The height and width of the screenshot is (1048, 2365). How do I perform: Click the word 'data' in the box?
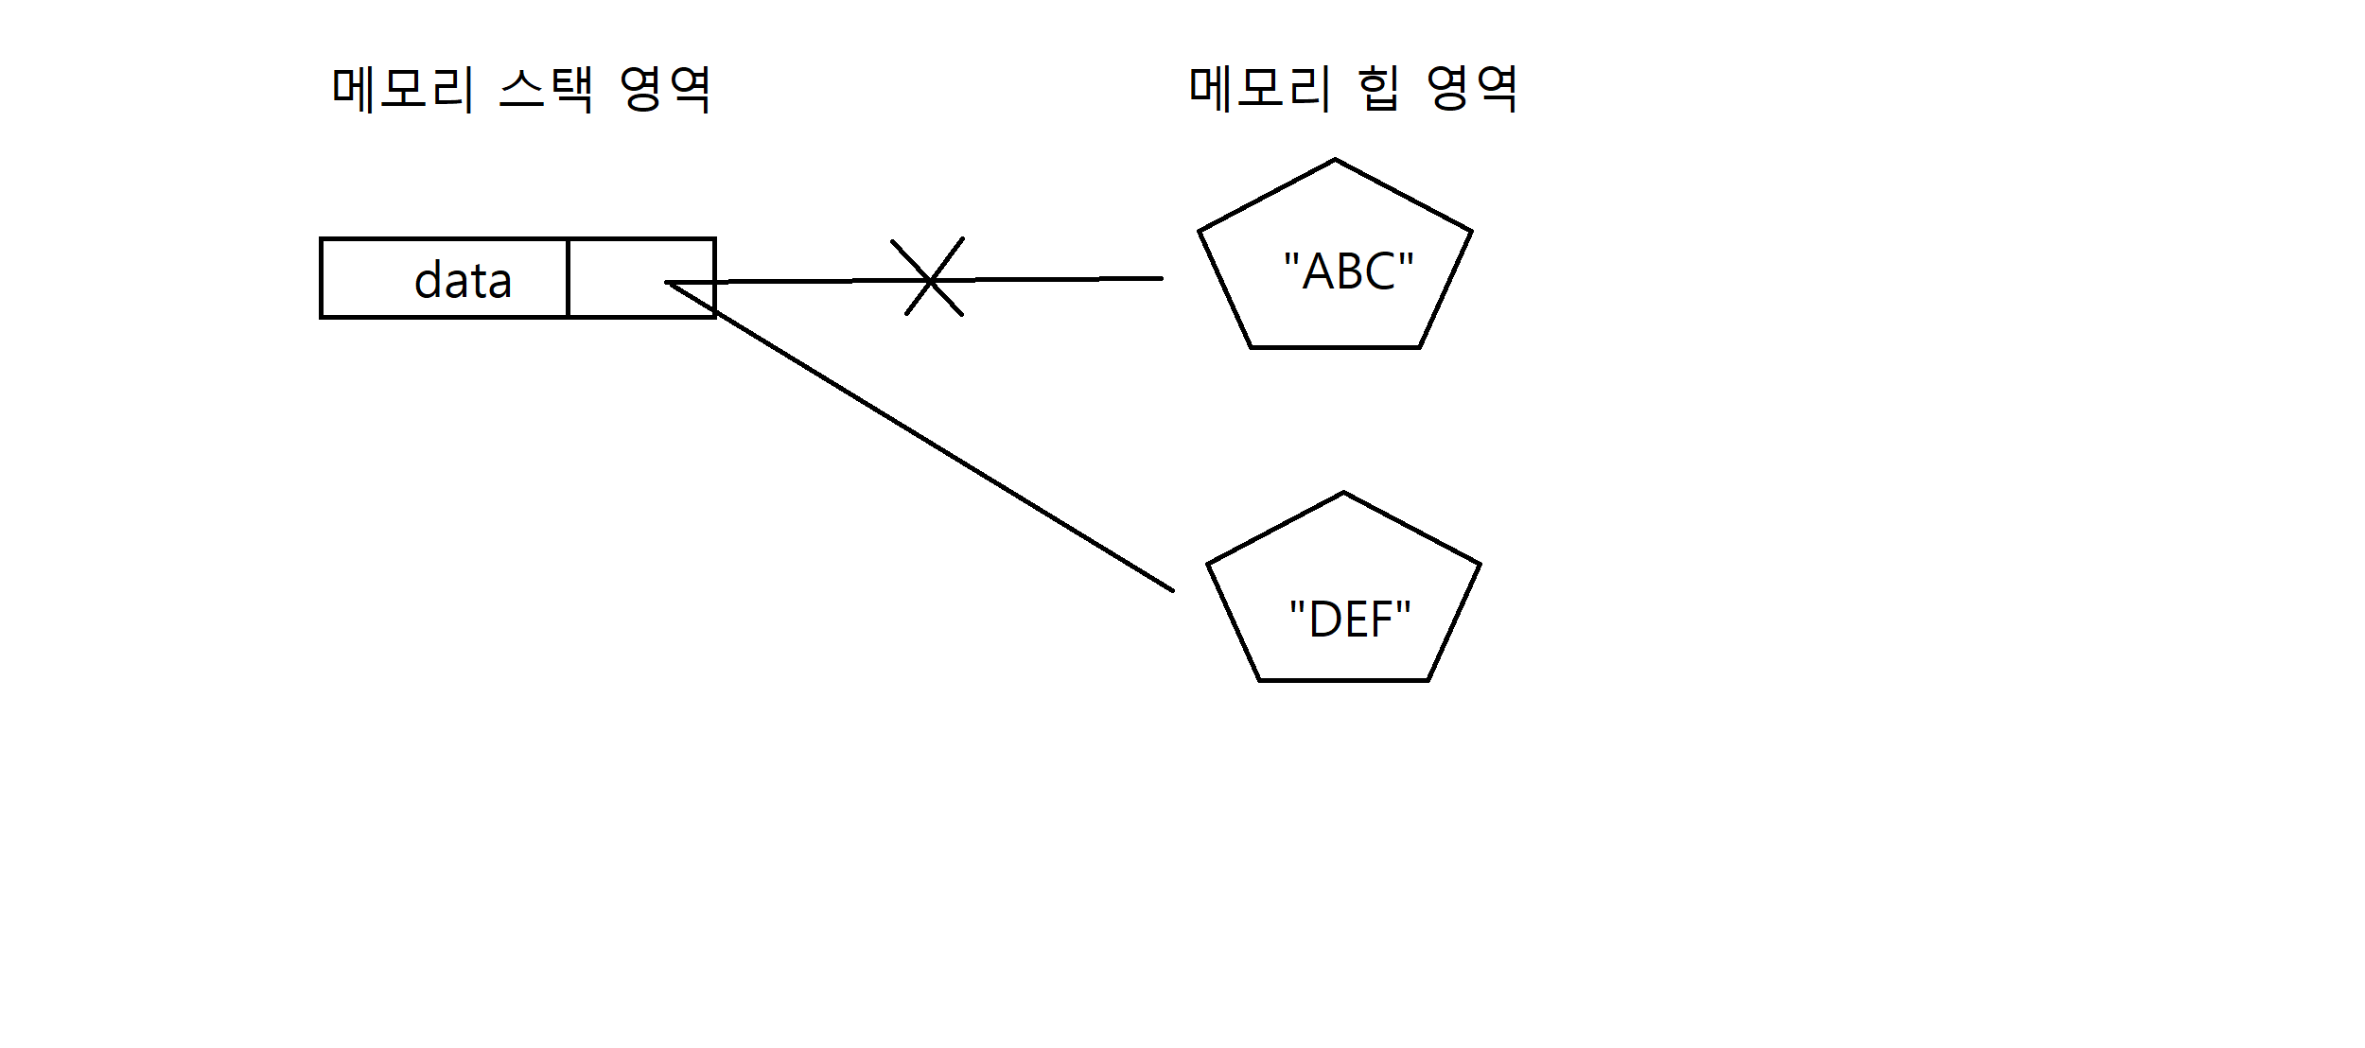point(463,280)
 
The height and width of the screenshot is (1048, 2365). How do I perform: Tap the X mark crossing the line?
point(929,279)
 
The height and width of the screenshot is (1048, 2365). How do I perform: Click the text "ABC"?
point(1348,271)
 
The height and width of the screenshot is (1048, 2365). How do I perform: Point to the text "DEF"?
point(1350,620)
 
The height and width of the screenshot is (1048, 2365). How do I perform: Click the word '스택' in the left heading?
point(546,90)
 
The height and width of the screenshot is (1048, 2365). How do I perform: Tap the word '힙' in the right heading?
point(1377,89)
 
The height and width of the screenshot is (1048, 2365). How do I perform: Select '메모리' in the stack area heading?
point(402,90)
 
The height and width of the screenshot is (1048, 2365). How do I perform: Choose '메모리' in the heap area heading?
point(1259,89)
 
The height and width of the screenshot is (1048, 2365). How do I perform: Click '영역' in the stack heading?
point(665,90)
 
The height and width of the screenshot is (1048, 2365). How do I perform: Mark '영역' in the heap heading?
point(1472,89)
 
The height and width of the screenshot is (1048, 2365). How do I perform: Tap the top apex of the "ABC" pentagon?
point(1335,160)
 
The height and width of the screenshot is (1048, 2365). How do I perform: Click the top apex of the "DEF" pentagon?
point(1343,493)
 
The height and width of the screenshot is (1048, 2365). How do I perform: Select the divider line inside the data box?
point(568,278)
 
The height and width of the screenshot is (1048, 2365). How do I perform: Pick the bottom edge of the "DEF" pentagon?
point(1343,679)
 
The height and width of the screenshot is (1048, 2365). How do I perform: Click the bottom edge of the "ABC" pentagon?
point(1335,347)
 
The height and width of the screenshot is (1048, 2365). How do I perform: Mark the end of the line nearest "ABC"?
point(1160,278)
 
